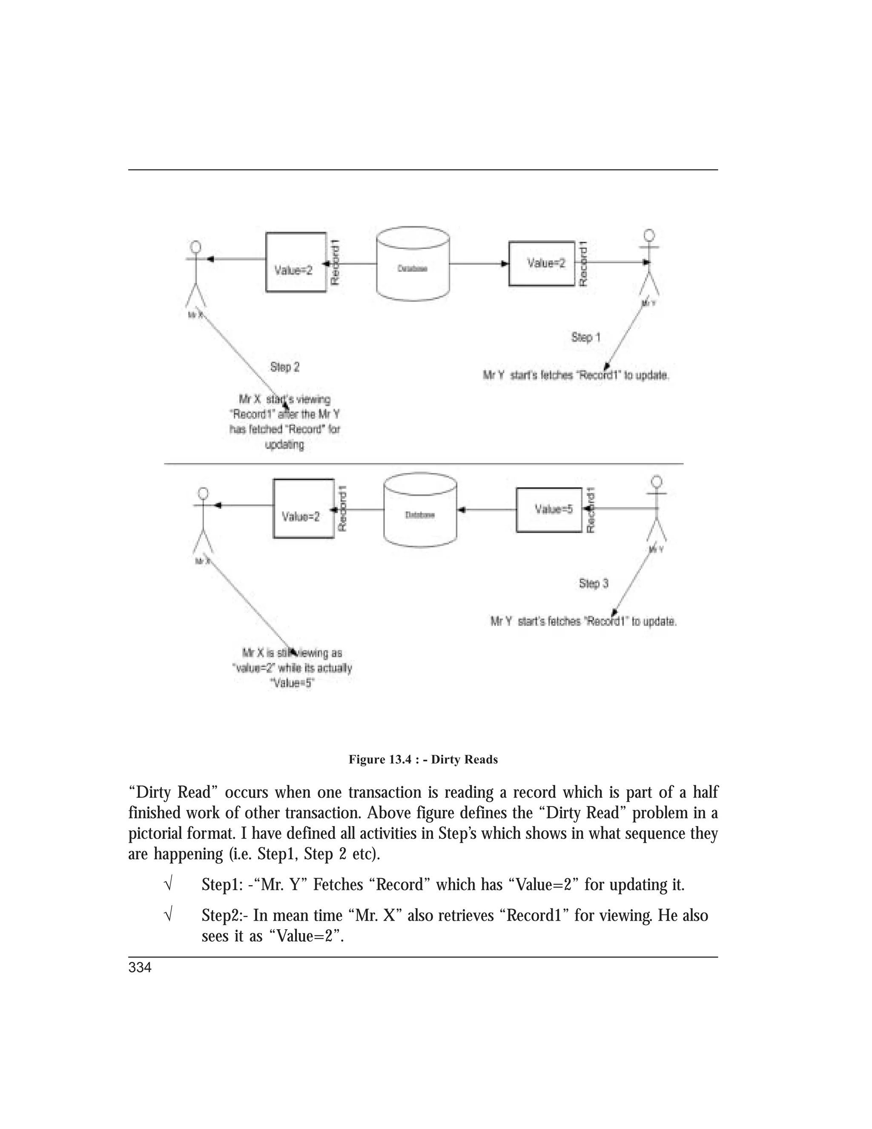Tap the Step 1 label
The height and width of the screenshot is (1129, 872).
pos(586,337)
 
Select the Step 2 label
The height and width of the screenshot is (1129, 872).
pos(285,367)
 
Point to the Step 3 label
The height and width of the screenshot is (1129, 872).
pos(594,584)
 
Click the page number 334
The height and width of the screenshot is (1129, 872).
pos(140,968)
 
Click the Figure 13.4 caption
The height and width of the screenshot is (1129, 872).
pos(423,759)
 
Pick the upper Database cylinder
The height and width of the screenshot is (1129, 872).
pos(413,264)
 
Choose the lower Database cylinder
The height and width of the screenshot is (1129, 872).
pos(420,510)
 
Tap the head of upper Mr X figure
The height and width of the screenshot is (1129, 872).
pos(195,245)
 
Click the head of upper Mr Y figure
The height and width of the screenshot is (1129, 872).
pos(649,235)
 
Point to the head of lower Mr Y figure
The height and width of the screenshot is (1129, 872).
pos(657,482)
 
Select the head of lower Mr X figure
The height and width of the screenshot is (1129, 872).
pos(203,493)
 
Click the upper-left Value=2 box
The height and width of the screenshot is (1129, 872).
pos(295,262)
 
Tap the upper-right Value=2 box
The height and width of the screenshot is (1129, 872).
pos(542,264)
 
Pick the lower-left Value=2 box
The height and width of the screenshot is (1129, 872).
pos(303,509)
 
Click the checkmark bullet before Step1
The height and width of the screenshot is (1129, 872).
pos(167,885)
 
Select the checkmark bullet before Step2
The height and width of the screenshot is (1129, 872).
pos(167,916)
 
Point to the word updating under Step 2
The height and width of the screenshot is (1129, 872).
pos(285,444)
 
